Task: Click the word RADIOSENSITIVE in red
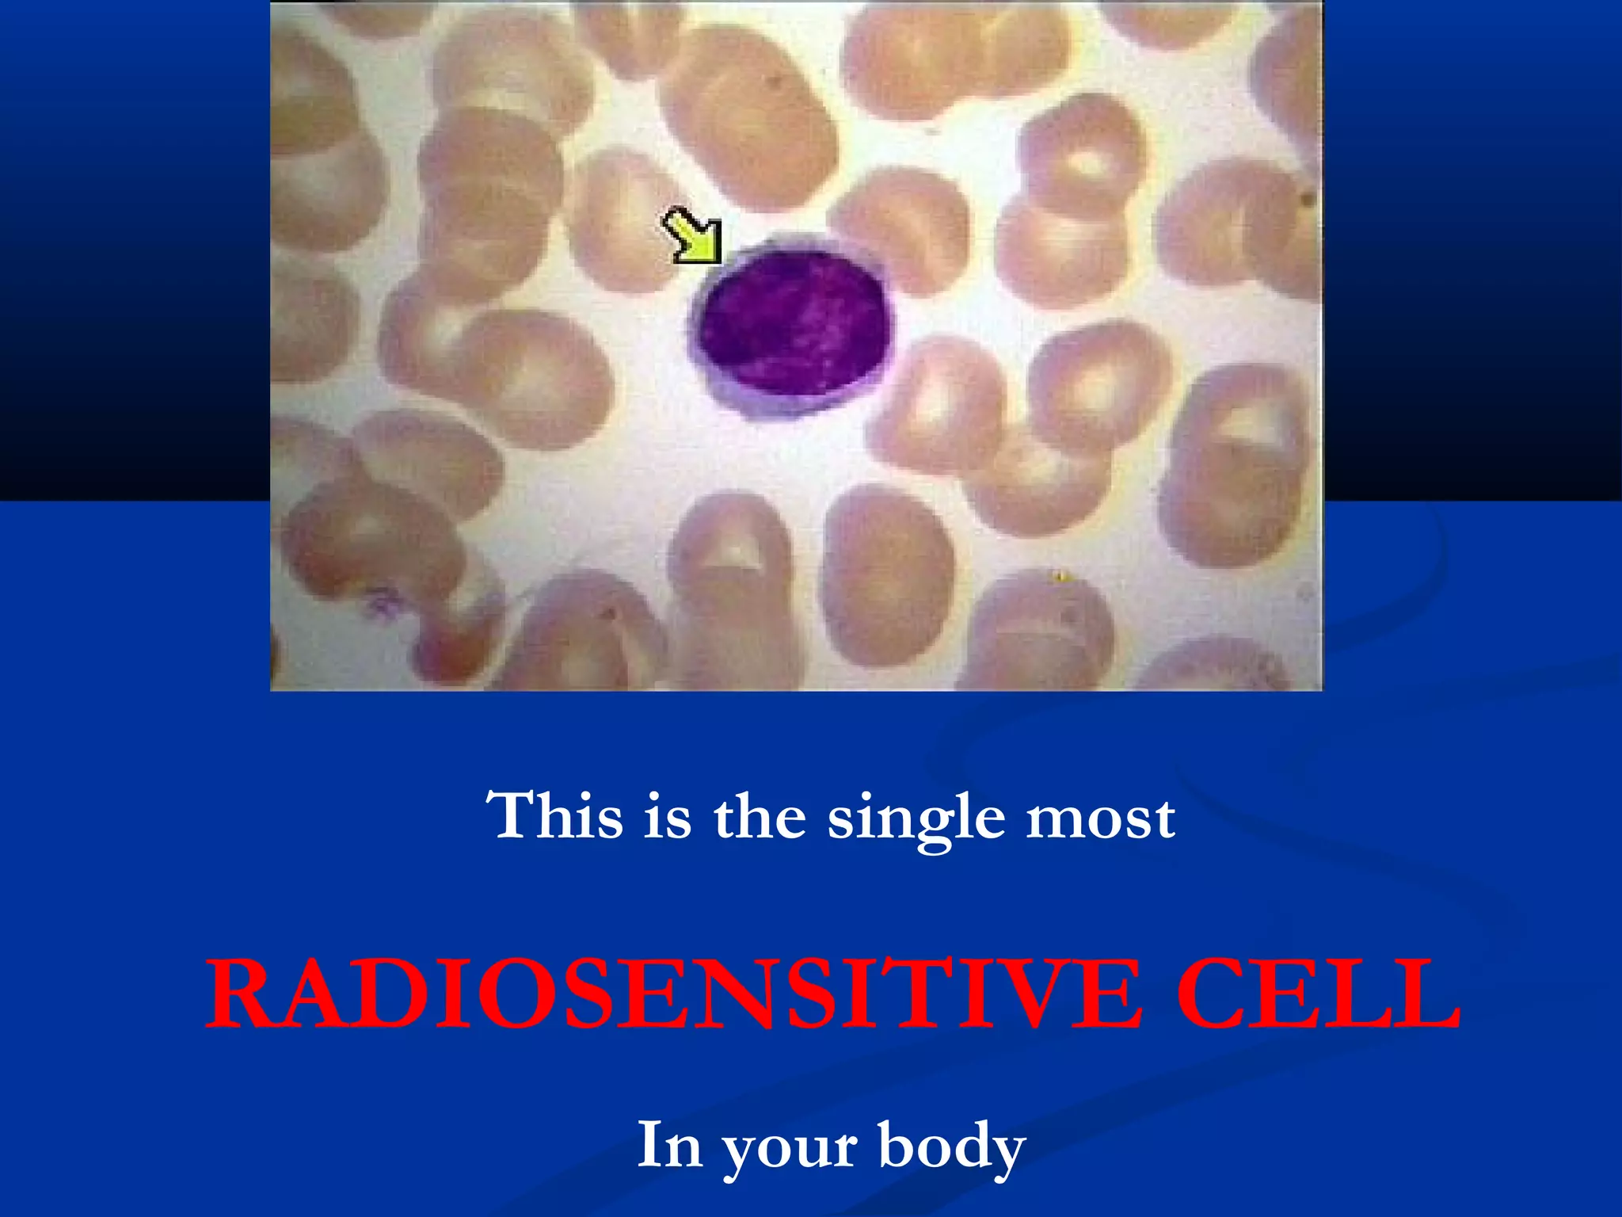coord(673,994)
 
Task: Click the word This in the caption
coord(555,815)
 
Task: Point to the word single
coord(916,819)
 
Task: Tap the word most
coord(1101,818)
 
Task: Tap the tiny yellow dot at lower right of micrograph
coord(1060,576)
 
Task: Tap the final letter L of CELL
coord(1430,994)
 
